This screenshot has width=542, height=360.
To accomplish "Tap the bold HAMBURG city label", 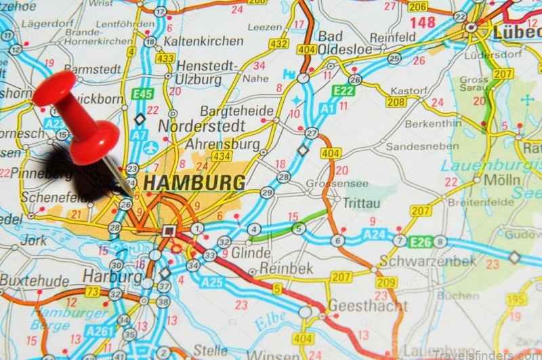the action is pos(194,183).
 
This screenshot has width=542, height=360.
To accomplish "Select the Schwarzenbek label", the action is pos(422,261).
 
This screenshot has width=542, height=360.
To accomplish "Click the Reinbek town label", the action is pos(285,269).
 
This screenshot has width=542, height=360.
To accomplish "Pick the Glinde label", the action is pos(251,253).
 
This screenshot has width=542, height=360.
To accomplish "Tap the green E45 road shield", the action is pos(143,94).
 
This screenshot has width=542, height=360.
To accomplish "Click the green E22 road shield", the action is pos(343,90).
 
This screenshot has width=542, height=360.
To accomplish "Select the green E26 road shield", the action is pos(420,241).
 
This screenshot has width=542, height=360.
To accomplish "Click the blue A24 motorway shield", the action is pos(373,235).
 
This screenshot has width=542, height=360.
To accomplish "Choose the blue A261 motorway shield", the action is pos(100,330).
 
